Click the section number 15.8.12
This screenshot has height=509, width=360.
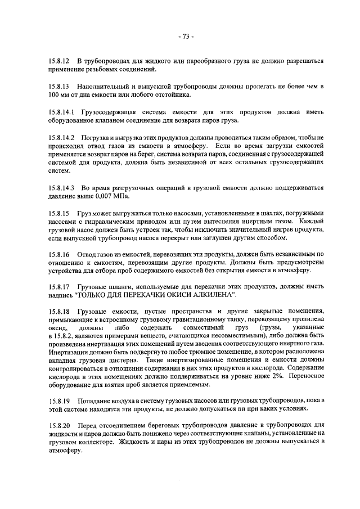click(x=58, y=61)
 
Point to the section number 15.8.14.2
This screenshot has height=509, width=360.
click(x=61, y=138)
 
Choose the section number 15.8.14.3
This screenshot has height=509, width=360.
click(x=61, y=186)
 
